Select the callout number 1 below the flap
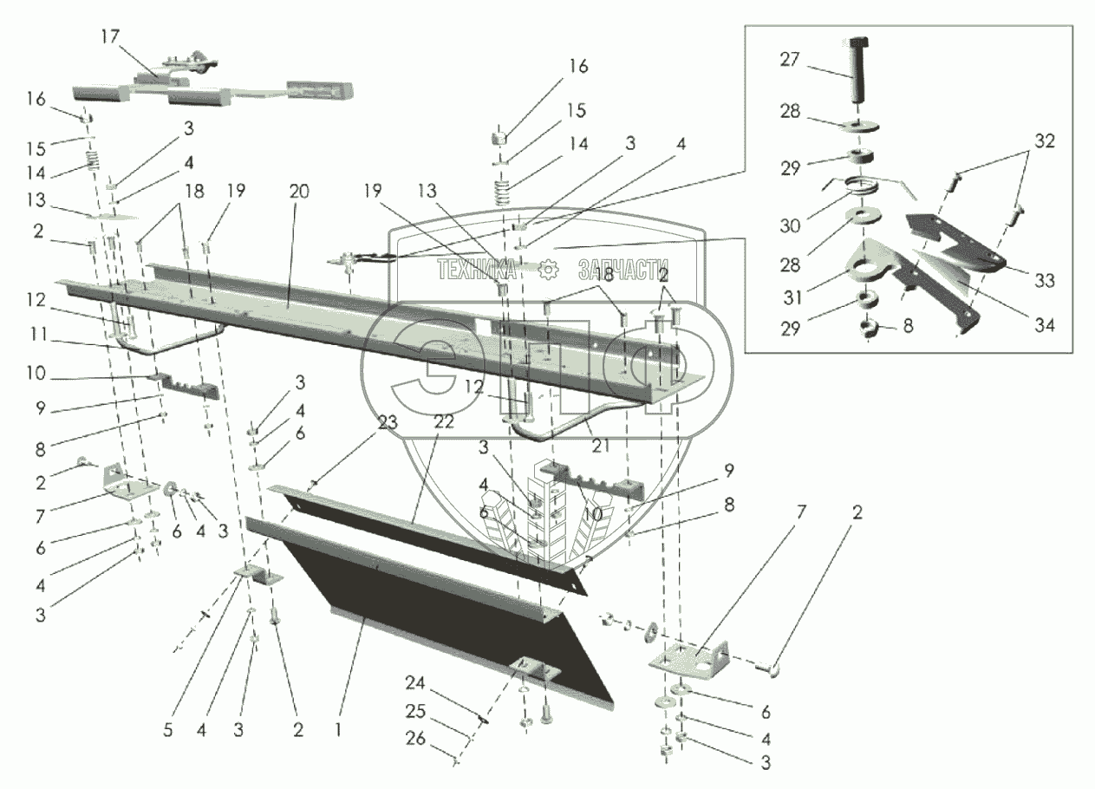(x=338, y=730)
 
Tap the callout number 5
(x=167, y=730)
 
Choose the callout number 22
(x=444, y=422)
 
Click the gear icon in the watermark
(x=548, y=270)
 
